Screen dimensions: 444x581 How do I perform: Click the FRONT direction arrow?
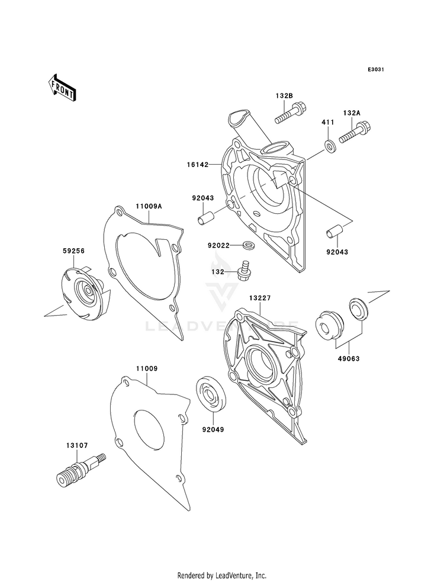[62, 87]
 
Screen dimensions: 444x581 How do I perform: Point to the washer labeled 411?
[330, 146]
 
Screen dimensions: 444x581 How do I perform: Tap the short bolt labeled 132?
[243, 271]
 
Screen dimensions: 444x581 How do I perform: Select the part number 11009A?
[149, 206]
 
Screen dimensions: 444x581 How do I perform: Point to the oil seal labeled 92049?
[210, 394]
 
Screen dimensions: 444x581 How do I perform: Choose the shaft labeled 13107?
[81, 468]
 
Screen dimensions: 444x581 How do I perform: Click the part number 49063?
[348, 359]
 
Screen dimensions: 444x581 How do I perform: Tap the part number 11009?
[147, 369]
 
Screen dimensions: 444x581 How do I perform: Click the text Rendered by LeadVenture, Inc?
[222, 575]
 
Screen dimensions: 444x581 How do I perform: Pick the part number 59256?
[73, 251]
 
